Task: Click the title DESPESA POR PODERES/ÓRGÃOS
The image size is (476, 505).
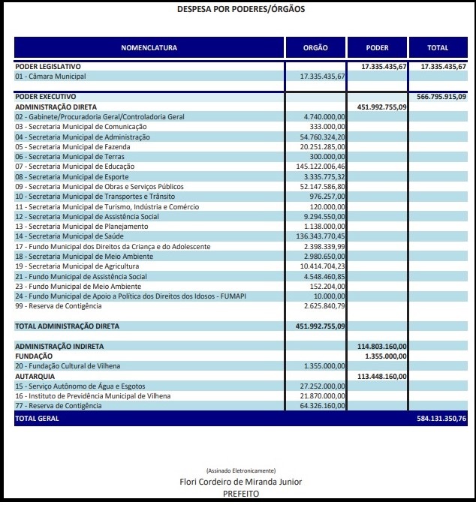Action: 241,10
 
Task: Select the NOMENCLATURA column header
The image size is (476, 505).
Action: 149,48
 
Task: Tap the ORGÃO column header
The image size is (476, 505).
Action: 315,48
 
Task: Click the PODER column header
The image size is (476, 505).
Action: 377,48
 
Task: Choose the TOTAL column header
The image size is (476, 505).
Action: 438,48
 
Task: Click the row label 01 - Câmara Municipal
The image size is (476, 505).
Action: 50,77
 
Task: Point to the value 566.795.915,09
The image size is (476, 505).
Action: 441,97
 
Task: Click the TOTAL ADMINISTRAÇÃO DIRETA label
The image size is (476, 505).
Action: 68,326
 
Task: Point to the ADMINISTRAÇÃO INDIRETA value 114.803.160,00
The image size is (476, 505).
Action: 382,346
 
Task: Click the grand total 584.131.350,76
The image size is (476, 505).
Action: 441,419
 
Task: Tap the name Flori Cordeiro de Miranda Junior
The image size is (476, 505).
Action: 240,482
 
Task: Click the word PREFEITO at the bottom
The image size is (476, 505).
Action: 240,494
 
